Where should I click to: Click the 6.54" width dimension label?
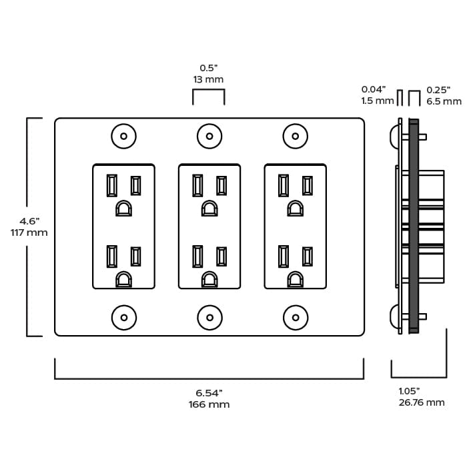click(x=209, y=392)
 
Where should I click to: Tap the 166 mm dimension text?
click(x=209, y=404)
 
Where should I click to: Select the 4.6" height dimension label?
click(x=29, y=221)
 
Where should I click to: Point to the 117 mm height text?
click(x=29, y=233)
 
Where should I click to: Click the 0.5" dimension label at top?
click(x=209, y=67)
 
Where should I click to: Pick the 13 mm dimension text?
click(x=209, y=79)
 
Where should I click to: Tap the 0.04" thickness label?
click(x=373, y=89)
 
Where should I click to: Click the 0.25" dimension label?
click(x=438, y=89)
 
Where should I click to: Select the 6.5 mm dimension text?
click(x=444, y=101)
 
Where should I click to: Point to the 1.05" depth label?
click(x=409, y=391)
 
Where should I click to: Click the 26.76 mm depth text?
click(x=422, y=402)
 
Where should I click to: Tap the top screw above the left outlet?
click(x=123, y=137)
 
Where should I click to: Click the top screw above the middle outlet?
click(x=209, y=137)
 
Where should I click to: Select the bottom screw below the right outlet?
click(x=296, y=317)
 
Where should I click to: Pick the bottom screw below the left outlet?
click(x=123, y=317)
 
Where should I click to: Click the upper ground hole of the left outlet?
click(x=123, y=209)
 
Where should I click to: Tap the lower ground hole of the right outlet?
click(x=296, y=280)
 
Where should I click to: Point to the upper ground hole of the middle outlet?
click(x=209, y=209)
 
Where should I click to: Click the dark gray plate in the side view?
click(x=414, y=227)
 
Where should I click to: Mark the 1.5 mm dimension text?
click(x=378, y=101)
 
